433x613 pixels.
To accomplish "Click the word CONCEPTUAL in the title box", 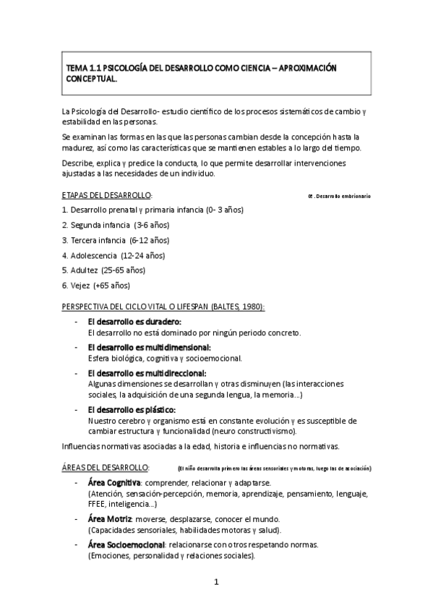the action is tap(91, 80).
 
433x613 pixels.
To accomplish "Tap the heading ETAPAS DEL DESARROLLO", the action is tap(107, 195).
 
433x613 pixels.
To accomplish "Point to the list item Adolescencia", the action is tap(95, 255).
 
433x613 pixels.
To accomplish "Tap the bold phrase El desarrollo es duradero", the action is tap(134, 321).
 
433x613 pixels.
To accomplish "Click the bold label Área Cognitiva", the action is tap(113, 482).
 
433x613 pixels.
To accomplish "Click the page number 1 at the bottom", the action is tap(215, 582).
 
